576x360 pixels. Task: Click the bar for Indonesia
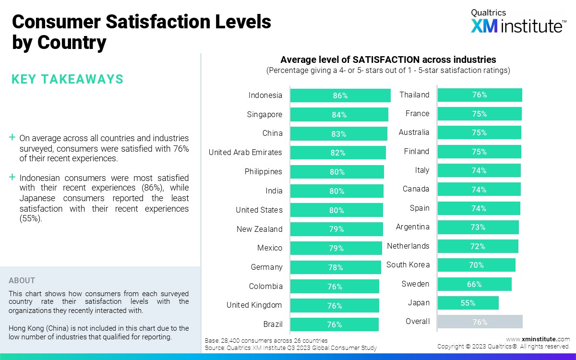pyautogui.click(x=340, y=96)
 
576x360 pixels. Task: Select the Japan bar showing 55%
pyautogui.click(x=468, y=303)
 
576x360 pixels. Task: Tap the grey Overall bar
pyautogui.click(x=480, y=322)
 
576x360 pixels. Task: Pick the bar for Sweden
pyautogui.click(x=474, y=284)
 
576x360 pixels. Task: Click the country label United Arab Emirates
pyautogui.click(x=245, y=153)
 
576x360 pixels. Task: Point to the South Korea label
pyautogui.click(x=408, y=265)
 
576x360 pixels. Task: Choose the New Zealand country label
pyautogui.click(x=259, y=229)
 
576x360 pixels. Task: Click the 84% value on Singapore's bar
pyautogui.click(x=339, y=115)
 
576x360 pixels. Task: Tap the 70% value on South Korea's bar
pyautogui.click(x=476, y=265)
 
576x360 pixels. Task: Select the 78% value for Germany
pyautogui.click(x=336, y=267)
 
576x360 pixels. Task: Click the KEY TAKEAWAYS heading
pyautogui.click(x=67, y=79)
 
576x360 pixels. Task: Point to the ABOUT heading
pyautogui.click(x=22, y=281)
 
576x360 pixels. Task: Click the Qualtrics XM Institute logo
pyautogui.click(x=517, y=22)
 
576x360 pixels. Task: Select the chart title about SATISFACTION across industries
pyautogui.click(x=388, y=60)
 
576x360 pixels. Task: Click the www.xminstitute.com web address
pyautogui.click(x=538, y=339)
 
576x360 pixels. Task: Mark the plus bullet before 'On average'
pyautogui.click(x=12, y=138)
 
